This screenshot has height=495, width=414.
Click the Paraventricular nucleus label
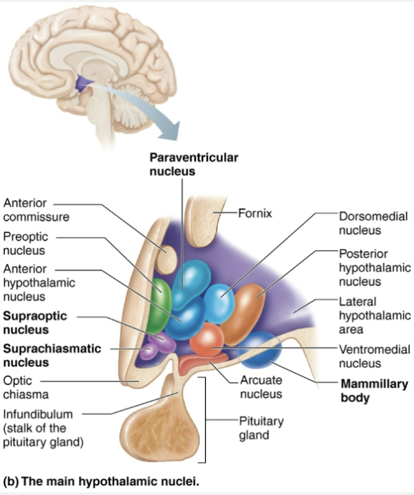(194, 164)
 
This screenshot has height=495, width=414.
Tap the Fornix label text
(255, 213)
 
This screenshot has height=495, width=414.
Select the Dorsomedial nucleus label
(373, 223)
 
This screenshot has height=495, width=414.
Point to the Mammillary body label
(374, 390)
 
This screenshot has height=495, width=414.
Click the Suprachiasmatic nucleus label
(52, 355)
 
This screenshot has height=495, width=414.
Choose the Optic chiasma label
(25, 387)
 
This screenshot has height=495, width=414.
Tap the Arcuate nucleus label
(261, 387)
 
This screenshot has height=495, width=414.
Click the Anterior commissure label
(36, 210)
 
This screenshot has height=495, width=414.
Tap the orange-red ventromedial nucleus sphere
(206, 339)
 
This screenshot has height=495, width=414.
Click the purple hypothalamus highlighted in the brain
(85, 85)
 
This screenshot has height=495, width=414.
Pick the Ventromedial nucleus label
(374, 356)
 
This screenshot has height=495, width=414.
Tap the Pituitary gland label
(261, 428)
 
